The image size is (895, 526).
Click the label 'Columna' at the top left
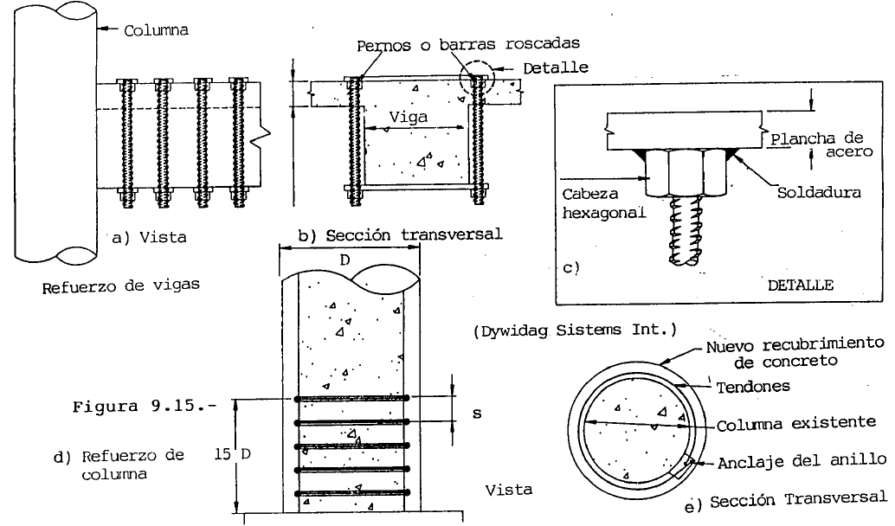[x=156, y=30]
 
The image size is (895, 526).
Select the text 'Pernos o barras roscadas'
[x=468, y=44]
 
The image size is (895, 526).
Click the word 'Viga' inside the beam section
[x=408, y=117]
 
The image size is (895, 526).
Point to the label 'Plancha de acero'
[x=821, y=144]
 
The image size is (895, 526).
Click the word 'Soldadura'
[x=819, y=192]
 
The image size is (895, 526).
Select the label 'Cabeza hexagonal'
[x=603, y=203]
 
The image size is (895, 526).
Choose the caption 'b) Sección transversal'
[x=400, y=234]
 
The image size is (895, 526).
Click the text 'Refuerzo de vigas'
[x=121, y=285]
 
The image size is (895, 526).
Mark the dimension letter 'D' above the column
[x=344, y=260]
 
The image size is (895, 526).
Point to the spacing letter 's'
[x=477, y=413]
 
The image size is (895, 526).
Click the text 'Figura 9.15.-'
[x=145, y=407]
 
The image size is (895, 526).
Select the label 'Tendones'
[x=753, y=388]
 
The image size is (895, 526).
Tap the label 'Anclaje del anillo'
[x=802, y=461]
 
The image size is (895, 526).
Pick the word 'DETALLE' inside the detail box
[x=801, y=285]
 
